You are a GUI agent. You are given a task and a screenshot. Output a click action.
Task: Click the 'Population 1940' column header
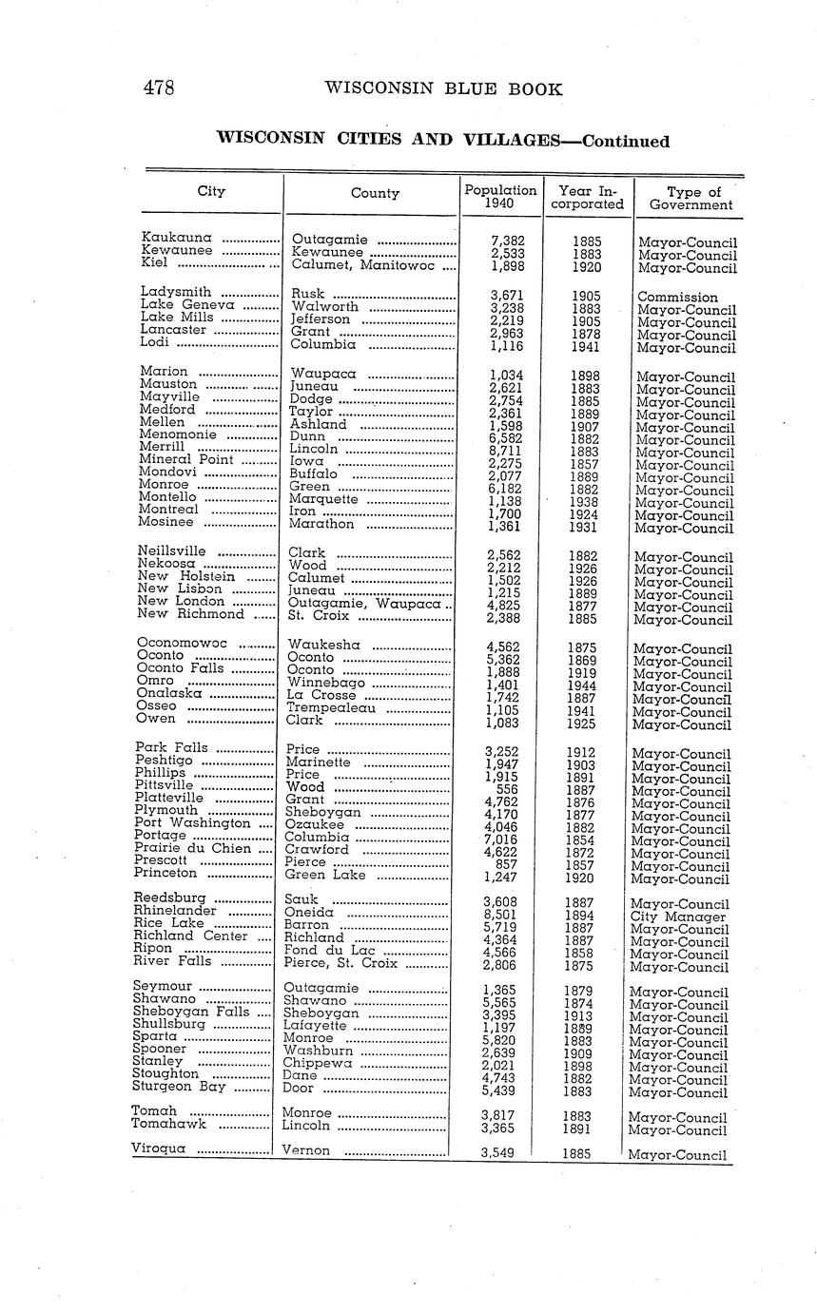point(500,197)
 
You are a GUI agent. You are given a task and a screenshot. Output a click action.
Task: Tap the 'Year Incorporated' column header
point(591,198)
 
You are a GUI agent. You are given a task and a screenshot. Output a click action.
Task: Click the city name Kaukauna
point(176,237)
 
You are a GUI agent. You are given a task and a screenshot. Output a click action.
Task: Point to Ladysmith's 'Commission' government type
point(677,297)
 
